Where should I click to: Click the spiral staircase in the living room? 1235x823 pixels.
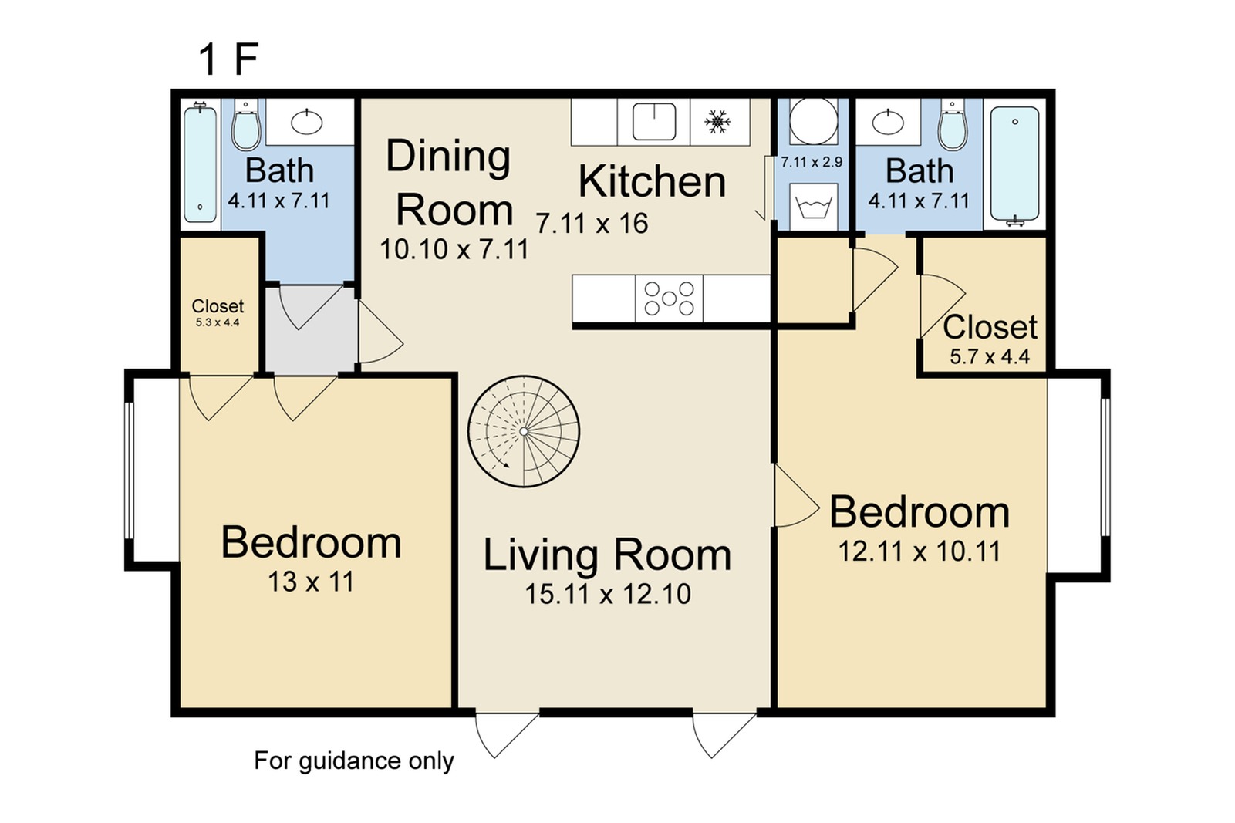click(x=524, y=431)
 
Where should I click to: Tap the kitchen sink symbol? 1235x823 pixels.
click(x=654, y=122)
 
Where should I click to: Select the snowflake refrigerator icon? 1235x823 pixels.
click(x=718, y=121)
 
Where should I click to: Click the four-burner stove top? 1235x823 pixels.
click(x=669, y=299)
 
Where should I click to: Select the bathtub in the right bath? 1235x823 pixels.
click(x=1014, y=164)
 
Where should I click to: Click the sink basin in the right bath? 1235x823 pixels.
click(x=888, y=122)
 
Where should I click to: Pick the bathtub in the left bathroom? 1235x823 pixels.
click(x=200, y=164)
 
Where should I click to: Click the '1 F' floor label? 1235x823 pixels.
click(x=228, y=59)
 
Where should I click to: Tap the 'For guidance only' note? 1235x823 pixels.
click(x=354, y=761)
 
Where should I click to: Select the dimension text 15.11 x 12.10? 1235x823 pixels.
click(x=608, y=594)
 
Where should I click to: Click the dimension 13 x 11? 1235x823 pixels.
click(x=311, y=582)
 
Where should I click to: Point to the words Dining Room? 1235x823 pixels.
click(x=449, y=184)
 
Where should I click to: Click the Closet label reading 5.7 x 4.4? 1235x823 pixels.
click(x=990, y=339)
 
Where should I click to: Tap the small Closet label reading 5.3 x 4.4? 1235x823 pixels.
click(x=218, y=312)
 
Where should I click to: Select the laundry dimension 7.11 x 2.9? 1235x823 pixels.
click(x=812, y=163)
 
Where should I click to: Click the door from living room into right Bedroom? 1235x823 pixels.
click(x=795, y=498)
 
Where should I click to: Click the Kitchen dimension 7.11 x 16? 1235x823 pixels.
click(x=592, y=224)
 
